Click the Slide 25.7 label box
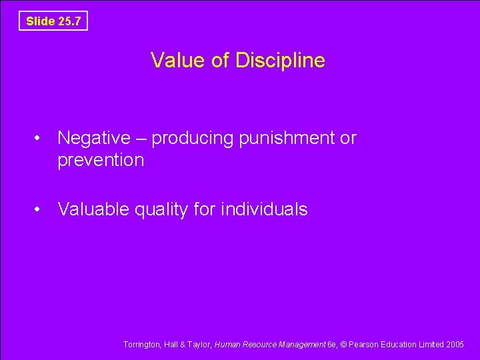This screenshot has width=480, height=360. [x=53, y=21]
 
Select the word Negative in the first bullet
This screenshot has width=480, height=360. [x=94, y=138]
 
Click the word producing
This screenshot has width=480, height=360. [x=194, y=139]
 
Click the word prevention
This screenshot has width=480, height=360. [x=101, y=160]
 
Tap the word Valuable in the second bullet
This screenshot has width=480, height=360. [x=93, y=209]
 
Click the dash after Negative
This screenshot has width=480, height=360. [x=141, y=139]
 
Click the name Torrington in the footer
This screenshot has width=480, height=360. [x=141, y=345]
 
